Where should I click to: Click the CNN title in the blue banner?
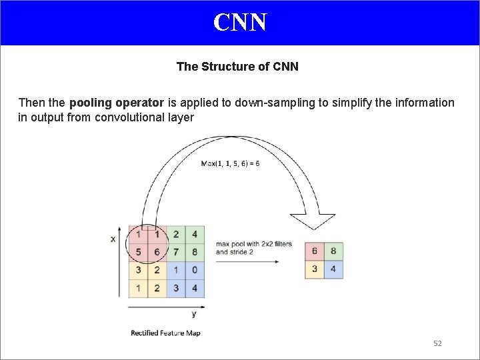click(x=240, y=22)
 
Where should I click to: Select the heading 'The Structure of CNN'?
click(x=237, y=67)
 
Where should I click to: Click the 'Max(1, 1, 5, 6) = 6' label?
click(x=231, y=163)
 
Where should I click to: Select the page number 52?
click(x=437, y=343)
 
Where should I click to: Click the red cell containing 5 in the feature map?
click(x=138, y=252)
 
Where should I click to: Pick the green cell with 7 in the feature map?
click(x=175, y=252)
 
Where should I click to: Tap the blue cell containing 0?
click(x=194, y=270)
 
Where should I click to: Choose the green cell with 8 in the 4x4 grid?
click(x=194, y=252)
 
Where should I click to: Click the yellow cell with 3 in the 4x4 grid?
click(x=138, y=270)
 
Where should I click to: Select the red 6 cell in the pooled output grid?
click(x=315, y=252)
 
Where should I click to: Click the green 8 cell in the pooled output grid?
click(x=333, y=252)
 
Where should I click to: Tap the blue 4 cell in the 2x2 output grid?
click(x=333, y=270)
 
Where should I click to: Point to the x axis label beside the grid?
click(x=113, y=238)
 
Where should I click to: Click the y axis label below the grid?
click(x=193, y=313)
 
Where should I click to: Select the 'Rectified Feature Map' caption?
click(x=165, y=333)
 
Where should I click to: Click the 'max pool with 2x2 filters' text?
click(x=253, y=244)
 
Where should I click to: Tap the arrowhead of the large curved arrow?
click(x=313, y=222)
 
